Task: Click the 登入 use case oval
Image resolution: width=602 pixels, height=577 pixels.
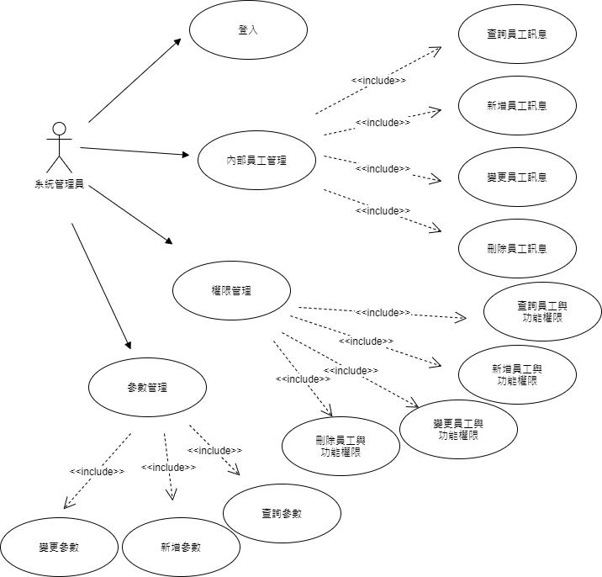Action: tap(247, 30)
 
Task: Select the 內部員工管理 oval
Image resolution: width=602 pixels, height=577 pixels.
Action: tap(256, 159)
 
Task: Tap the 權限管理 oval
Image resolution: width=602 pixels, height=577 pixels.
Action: tap(231, 290)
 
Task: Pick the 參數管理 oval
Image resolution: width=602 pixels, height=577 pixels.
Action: tap(147, 388)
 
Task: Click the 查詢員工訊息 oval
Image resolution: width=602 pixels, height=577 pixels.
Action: tap(517, 34)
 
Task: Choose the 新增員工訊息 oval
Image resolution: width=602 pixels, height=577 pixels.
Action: tap(517, 106)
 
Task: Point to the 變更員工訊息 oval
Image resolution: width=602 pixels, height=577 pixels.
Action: tap(517, 177)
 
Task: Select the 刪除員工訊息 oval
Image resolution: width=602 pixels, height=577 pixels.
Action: tap(517, 248)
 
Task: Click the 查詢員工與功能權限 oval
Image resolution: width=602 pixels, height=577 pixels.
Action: tap(542, 311)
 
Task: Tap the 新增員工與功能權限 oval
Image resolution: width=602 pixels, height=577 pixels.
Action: tap(517, 374)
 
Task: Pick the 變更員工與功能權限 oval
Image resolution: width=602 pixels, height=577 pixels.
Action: tap(458, 429)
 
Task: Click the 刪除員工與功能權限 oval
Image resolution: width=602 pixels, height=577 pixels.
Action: tap(341, 446)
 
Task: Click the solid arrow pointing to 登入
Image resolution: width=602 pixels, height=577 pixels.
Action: tap(135, 81)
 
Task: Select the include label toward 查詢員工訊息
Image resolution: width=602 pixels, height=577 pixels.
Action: tap(378, 81)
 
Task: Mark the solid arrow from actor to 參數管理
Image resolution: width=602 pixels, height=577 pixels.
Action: tap(101, 285)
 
